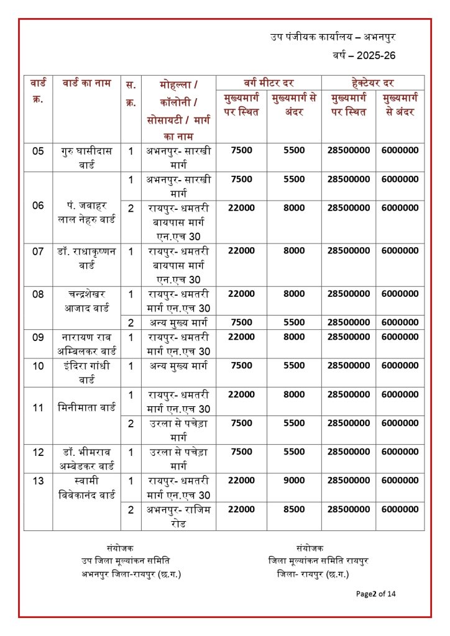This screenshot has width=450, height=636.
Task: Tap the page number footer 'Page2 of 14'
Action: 375,594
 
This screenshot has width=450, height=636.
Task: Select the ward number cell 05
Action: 38,150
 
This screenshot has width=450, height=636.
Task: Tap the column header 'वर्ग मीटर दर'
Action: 269,83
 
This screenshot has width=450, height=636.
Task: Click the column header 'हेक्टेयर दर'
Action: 373,83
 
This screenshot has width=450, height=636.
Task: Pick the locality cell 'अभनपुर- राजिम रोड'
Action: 178,516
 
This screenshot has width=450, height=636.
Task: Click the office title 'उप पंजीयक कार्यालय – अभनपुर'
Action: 333,37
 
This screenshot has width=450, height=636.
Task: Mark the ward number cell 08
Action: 38,294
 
